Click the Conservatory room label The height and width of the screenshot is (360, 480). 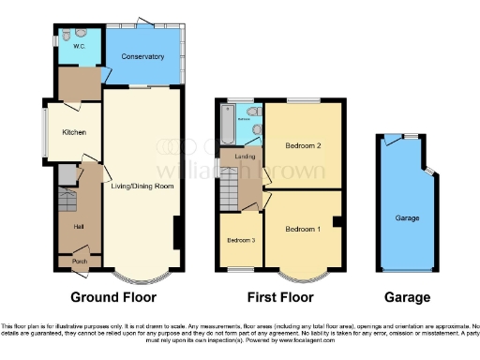[x=142, y=57]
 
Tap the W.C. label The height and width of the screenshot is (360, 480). [x=80, y=40]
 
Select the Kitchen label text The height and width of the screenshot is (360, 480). [x=74, y=132]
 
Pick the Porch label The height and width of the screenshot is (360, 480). [x=80, y=262]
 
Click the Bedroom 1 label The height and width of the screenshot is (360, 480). [x=303, y=230]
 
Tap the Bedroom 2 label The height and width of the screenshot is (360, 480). [x=304, y=146]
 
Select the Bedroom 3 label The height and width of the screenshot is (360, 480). [x=240, y=240]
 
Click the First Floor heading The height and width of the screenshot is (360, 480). [x=279, y=298]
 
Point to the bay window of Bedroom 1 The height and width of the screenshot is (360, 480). [x=302, y=274]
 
